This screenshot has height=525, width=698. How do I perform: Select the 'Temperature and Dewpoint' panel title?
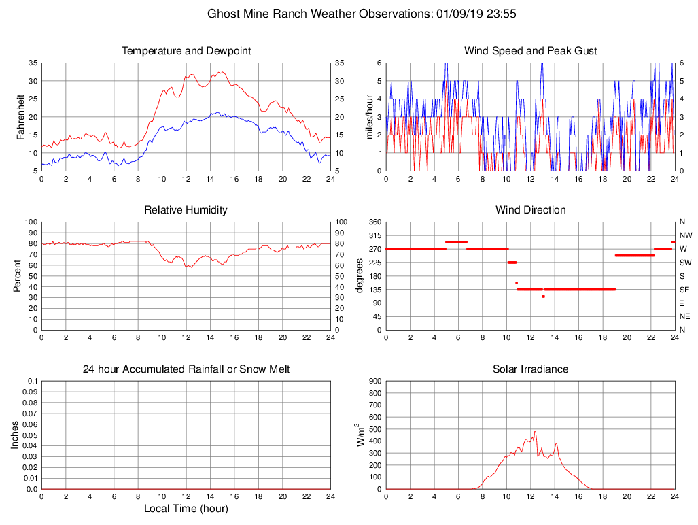[x=186, y=51]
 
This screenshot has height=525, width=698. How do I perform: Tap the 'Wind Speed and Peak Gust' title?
[x=530, y=51]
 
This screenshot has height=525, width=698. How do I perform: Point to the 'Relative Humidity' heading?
[x=186, y=210]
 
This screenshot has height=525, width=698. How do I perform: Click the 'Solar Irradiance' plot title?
[x=530, y=369]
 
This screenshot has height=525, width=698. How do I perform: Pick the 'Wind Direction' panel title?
[x=530, y=210]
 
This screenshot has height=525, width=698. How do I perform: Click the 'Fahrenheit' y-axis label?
[x=21, y=117]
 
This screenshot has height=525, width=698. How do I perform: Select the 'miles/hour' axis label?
[x=370, y=117]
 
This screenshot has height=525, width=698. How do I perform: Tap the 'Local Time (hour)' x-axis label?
[x=186, y=509]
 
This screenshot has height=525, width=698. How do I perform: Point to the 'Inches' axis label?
[x=16, y=435]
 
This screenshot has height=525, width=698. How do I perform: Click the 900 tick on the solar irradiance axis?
[x=375, y=382]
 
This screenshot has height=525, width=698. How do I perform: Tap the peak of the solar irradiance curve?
[x=535, y=431]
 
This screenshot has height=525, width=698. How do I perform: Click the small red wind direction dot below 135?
[x=543, y=297]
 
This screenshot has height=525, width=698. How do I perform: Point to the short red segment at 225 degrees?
[x=512, y=262]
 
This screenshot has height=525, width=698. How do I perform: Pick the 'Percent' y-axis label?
[x=18, y=276]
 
